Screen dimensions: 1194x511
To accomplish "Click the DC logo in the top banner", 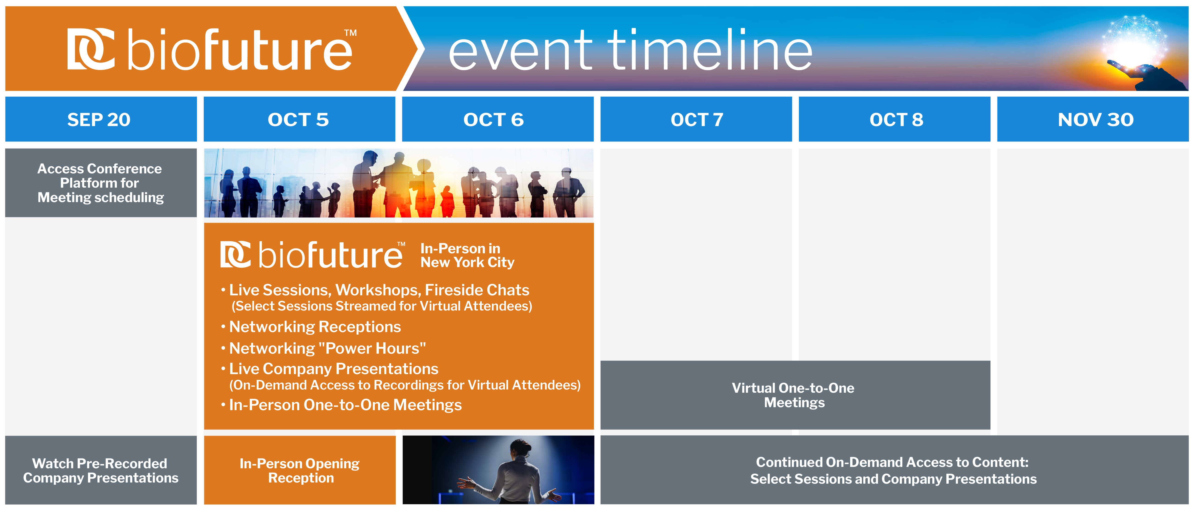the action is pyautogui.click(x=91, y=49).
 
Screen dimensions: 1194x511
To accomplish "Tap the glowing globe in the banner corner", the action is pyautogui.click(x=1134, y=42).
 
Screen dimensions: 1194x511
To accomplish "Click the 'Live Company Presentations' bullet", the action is pyautogui.click(x=330, y=369).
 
